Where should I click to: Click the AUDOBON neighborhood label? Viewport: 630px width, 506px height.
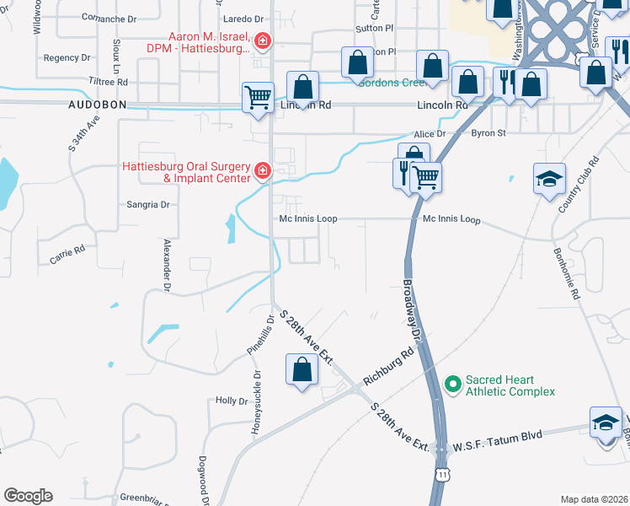point(97,105)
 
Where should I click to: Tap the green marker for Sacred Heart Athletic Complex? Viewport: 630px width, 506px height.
point(453,385)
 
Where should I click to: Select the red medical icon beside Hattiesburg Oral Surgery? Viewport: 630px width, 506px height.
point(263,171)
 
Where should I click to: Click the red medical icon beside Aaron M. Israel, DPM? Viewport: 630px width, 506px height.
point(263,40)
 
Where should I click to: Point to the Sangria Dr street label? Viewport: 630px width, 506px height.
point(148,204)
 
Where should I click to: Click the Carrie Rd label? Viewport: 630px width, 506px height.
point(67,255)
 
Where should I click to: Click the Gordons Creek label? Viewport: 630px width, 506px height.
point(389,82)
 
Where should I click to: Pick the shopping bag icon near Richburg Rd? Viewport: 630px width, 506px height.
point(302,369)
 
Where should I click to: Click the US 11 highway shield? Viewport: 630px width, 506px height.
point(442,475)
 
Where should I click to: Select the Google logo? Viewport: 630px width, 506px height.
point(28,496)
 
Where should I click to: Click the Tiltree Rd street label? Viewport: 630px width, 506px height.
point(108,82)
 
